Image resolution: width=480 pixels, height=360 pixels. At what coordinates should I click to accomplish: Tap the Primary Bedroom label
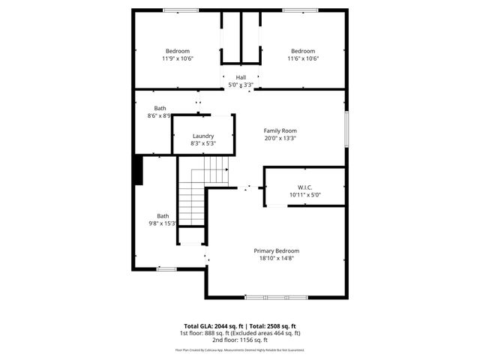(x=276, y=250)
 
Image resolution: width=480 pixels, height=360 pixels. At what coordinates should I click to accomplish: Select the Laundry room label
(x=203, y=136)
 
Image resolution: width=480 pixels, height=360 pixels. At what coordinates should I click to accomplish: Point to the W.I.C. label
(x=304, y=187)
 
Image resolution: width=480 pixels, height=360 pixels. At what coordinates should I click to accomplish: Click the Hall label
(x=241, y=77)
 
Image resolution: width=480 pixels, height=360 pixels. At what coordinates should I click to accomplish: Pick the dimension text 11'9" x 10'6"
(x=177, y=58)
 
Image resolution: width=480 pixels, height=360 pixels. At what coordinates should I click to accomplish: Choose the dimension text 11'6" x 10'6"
(x=303, y=58)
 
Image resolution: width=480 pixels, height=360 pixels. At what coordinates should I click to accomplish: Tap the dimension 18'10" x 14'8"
(x=276, y=259)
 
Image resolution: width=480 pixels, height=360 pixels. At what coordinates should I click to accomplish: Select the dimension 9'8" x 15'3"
(x=163, y=223)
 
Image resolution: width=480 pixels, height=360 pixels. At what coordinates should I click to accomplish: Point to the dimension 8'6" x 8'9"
(x=159, y=115)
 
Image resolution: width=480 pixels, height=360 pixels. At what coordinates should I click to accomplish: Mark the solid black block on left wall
(x=137, y=169)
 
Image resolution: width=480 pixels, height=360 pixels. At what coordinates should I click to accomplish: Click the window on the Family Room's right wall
(x=347, y=128)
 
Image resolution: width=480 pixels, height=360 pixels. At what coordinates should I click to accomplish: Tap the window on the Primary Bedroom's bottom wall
(x=276, y=298)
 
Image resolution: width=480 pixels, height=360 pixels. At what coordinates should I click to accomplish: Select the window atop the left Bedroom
(x=176, y=10)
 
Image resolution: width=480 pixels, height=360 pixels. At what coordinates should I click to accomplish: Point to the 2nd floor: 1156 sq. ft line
(x=240, y=339)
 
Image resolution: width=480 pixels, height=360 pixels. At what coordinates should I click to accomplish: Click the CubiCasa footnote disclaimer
(x=240, y=349)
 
